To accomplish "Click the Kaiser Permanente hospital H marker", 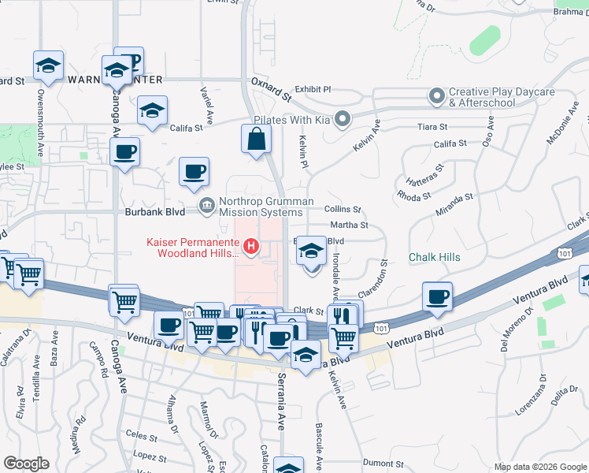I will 251,248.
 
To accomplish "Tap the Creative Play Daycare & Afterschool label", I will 481,98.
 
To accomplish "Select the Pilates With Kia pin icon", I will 342,120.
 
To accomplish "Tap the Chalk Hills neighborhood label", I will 435,258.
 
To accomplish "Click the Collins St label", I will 343,210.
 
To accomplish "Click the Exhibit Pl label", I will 313,90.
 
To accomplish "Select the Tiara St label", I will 432,126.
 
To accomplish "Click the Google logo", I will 26,464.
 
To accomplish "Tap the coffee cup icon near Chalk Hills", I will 437,297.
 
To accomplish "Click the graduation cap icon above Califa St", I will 152,111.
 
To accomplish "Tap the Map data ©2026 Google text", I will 539,467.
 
